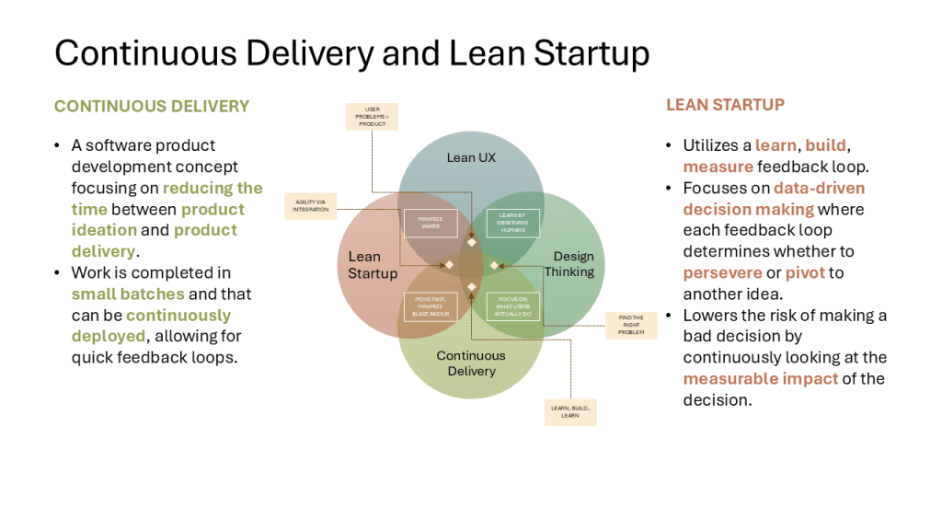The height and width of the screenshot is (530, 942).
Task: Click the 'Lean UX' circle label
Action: pyautogui.click(x=471, y=157)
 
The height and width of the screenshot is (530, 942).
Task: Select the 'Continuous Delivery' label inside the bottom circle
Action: pyautogui.click(x=471, y=363)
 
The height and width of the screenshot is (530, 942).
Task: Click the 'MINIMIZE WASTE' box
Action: pyautogui.click(x=431, y=223)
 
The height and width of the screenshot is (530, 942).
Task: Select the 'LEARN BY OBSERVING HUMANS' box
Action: pyautogui.click(x=512, y=223)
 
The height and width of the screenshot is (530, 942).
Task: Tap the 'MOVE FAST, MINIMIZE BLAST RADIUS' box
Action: pyautogui.click(x=431, y=305)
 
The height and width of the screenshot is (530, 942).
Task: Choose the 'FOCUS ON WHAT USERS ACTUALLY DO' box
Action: pyautogui.click(x=512, y=305)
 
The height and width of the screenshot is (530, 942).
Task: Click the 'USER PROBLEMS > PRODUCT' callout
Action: pyautogui.click(x=372, y=117)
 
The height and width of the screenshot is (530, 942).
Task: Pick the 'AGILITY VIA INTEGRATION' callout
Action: pyautogui.click(x=311, y=205)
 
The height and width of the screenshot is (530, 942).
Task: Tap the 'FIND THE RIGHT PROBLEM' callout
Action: pyautogui.click(x=631, y=326)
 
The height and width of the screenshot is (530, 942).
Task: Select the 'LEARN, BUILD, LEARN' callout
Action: pyautogui.click(x=570, y=411)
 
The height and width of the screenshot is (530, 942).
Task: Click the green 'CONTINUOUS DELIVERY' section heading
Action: pyautogui.click(x=152, y=106)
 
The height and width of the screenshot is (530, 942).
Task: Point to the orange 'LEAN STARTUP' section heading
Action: pyautogui.click(x=726, y=105)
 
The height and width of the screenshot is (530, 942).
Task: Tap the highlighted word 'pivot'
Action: pyautogui.click(x=805, y=272)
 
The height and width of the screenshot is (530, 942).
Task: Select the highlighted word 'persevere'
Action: pyautogui.click(x=722, y=272)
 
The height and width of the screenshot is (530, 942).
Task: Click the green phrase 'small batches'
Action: pyautogui.click(x=128, y=294)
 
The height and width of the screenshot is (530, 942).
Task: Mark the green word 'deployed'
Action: pyautogui.click(x=109, y=336)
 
